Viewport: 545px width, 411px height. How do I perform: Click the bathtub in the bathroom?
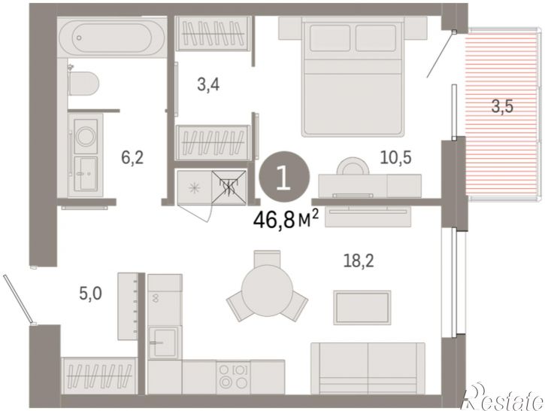click(x=111, y=37)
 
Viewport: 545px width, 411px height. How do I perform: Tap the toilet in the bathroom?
click(x=83, y=84)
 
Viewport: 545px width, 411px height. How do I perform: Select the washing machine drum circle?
click(x=86, y=135)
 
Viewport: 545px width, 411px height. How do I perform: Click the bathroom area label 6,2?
click(x=132, y=157)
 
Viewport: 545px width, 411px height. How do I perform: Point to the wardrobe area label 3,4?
click(x=208, y=84)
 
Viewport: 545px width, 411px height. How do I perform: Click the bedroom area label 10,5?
click(x=396, y=157)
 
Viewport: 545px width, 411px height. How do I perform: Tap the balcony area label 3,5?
click(x=502, y=106)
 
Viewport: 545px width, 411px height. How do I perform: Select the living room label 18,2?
click(x=359, y=261)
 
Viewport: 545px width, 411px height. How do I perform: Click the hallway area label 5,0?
click(x=90, y=294)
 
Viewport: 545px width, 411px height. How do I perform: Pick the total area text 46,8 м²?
click(x=286, y=220)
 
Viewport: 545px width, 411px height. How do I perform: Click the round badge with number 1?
click(x=284, y=177)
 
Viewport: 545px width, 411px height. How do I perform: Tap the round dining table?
click(x=267, y=291)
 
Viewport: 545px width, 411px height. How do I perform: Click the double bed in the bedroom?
click(x=353, y=77)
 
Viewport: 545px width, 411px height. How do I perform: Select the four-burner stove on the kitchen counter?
click(x=233, y=377)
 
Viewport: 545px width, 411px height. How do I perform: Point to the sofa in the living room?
click(x=368, y=368)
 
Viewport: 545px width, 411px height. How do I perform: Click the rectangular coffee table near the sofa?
click(x=362, y=308)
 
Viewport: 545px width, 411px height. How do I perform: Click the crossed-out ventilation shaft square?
click(x=229, y=187)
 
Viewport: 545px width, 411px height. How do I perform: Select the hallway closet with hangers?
click(x=99, y=376)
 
